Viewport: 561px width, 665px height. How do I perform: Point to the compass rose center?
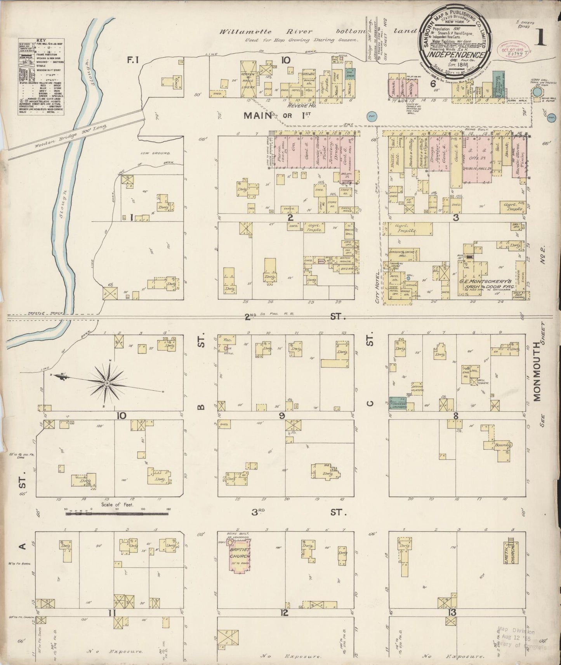106,383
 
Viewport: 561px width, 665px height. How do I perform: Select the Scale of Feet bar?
116,514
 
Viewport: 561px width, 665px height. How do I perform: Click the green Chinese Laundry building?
402,404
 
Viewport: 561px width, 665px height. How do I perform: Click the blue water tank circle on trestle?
537,92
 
